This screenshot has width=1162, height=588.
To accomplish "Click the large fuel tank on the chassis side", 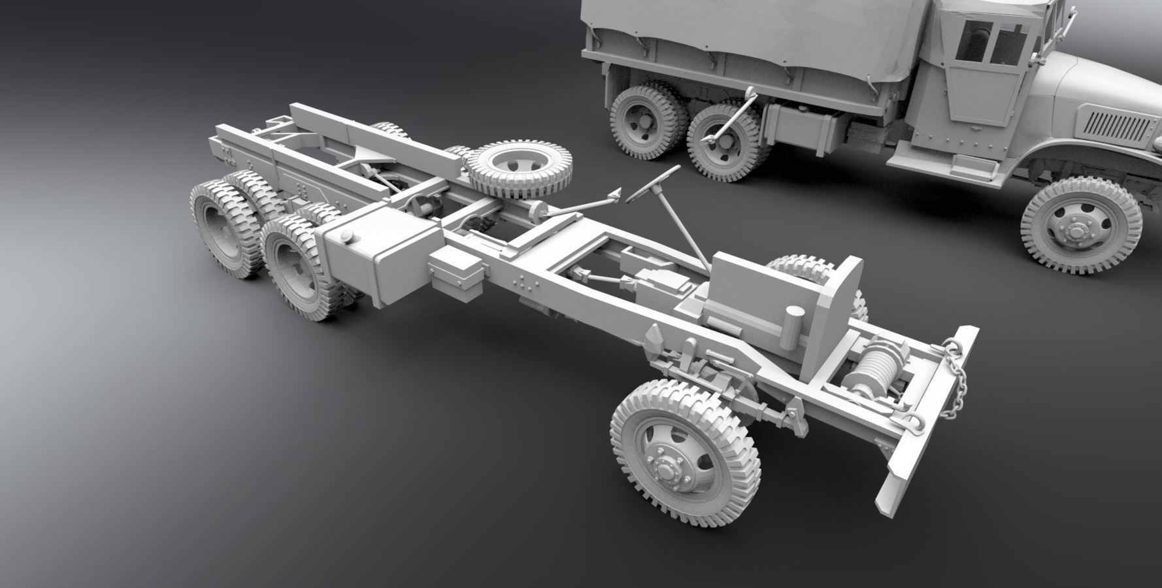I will click(x=376, y=258).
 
